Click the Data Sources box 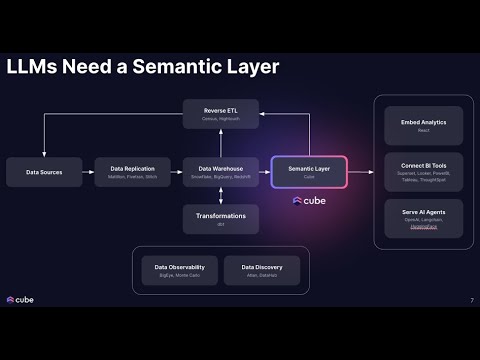(x=46, y=172)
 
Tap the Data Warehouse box (x=221, y=172)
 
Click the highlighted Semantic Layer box (x=308, y=172)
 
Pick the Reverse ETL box (x=221, y=113)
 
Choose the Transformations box (x=221, y=219)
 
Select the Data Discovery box (x=262, y=271)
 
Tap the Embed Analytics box (x=423, y=126)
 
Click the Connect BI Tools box (x=423, y=172)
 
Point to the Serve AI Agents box (x=423, y=219)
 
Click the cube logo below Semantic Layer (x=309, y=201)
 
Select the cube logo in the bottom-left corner (x=22, y=300)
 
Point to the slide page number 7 (x=471, y=300)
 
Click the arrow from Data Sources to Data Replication (x=89, y=172)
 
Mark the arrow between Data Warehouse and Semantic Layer (x=264, y=172)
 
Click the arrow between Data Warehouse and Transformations (x=221, y=196)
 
